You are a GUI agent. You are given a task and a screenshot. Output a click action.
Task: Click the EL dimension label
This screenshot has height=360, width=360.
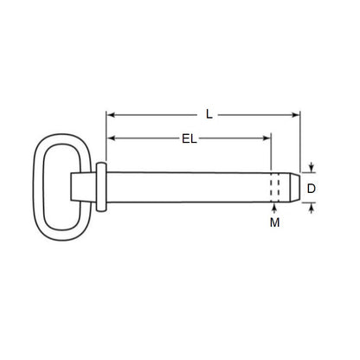[189, 138]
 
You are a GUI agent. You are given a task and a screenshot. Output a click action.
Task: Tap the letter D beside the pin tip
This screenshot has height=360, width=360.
[312, 187]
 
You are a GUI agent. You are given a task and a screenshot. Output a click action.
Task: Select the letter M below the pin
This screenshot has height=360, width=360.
[275, 223]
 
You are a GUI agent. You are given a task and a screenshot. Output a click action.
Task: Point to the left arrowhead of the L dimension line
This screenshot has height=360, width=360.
[110, 113]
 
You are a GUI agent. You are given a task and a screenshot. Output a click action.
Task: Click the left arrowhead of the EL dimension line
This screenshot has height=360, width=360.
[110, 137]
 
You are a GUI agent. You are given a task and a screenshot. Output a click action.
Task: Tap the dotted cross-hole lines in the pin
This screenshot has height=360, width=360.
[275, 187]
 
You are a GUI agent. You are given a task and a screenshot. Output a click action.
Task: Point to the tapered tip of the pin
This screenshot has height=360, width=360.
[293, 187]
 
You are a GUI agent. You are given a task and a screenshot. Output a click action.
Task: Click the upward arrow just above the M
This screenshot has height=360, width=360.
[275, 207]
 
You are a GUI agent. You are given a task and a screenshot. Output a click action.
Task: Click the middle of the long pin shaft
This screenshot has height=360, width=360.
[186, 187]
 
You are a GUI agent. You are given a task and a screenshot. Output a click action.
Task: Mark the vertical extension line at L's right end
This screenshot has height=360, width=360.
[299, 143]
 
